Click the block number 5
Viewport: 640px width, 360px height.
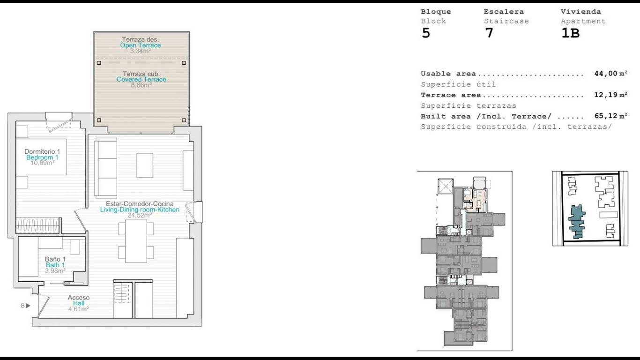[426, 33]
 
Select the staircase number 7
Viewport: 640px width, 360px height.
[489, 33]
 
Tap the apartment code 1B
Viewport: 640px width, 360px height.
[570, 33]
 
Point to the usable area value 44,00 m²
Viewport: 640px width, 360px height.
[610, 74]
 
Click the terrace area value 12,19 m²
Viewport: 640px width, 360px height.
[610, 95]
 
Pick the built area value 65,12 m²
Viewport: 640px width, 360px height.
[610, 116]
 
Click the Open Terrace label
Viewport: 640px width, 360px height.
[140, 45]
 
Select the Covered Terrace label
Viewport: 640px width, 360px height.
[141, 80]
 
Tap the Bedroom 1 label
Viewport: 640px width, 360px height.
[42, 157]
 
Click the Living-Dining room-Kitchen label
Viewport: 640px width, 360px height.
[140, 210]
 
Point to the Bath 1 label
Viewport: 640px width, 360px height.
[55, 265]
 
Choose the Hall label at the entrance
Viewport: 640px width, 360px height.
[79, 303]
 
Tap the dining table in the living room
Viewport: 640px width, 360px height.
[136, 241]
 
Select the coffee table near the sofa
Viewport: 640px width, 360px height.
[145, 165]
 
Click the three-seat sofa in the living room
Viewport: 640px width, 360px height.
[106, 168]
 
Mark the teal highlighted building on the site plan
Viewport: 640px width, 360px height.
[577, 222]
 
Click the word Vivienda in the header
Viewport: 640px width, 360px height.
[580, 12]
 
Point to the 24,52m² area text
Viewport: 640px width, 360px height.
[140, 215]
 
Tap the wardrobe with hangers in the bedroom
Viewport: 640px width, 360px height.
[38, 225]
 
